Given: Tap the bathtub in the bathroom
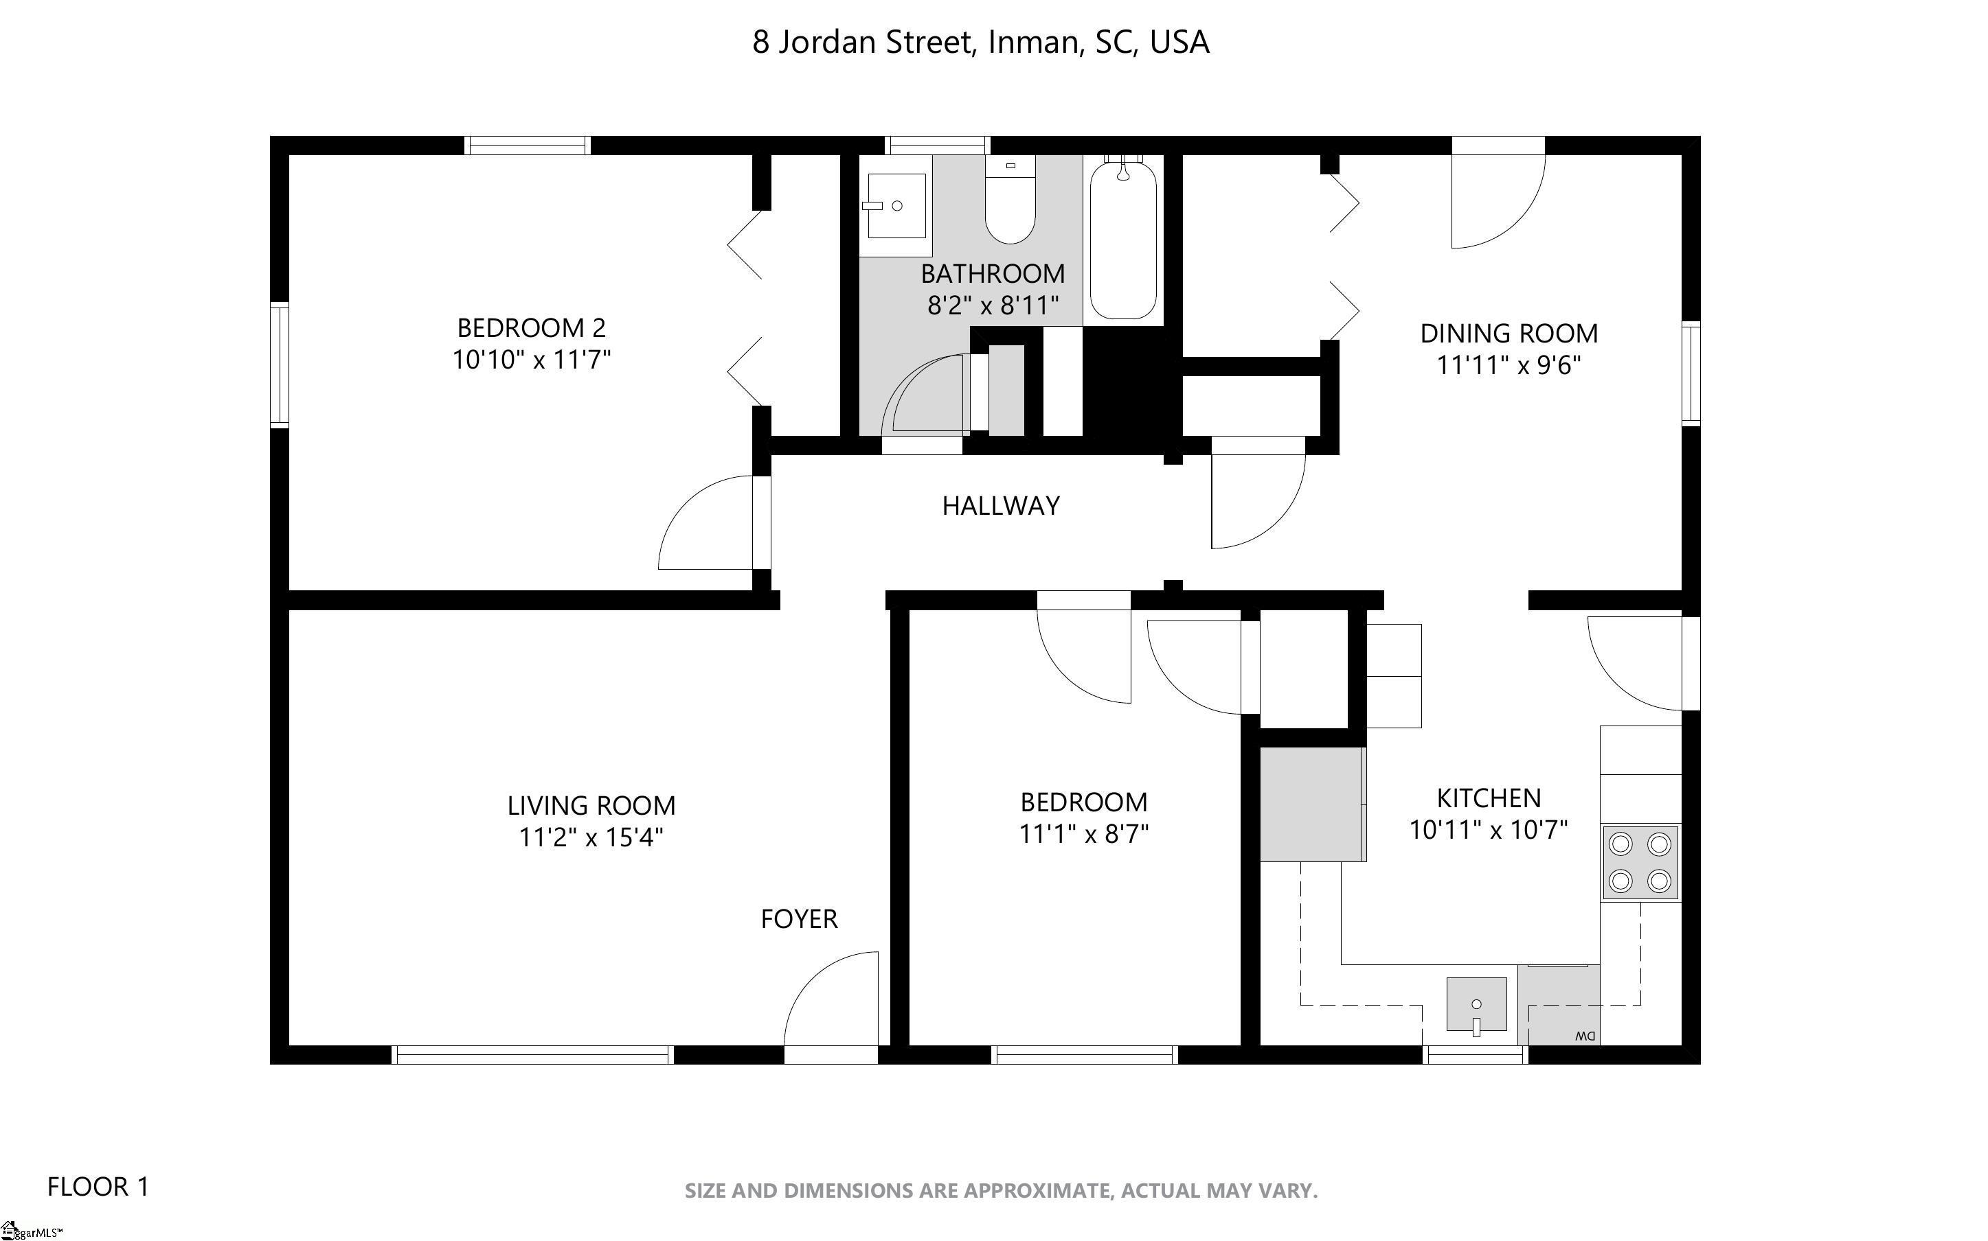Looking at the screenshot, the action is (1123, 238).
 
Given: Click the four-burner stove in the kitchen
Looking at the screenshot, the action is (1640, 862).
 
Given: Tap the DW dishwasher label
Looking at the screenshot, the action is (1585, 1036).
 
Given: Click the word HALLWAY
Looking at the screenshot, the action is (1000, 506).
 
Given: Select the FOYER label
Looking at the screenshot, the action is (799, 919).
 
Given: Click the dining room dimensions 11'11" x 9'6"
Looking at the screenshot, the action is (1509, 365).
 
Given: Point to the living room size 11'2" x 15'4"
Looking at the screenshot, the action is (591, 838).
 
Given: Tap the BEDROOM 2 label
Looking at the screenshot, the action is (531, 328).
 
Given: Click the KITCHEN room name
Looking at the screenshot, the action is (1489, 798).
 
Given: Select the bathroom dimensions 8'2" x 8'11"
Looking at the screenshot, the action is (993, 306).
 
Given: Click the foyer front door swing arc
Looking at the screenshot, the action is (811, 977).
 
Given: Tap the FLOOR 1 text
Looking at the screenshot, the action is (98, 1187).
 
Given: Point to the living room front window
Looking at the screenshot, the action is (533, 1055).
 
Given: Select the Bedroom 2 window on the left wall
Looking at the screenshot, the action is (279, 364).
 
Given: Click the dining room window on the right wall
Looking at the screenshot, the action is (1691, 374).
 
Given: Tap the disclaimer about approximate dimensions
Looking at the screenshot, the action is (1001, 1191).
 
